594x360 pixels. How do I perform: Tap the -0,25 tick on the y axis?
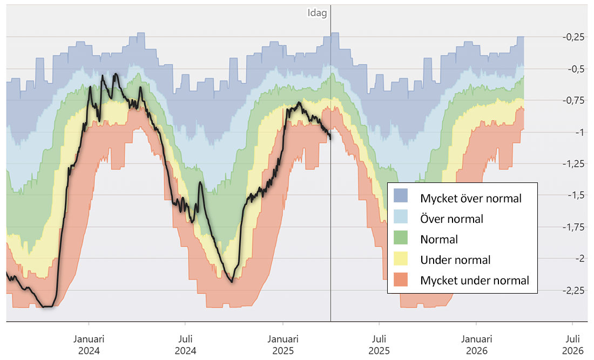(573, 37)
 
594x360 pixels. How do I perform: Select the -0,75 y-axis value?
(573, 100)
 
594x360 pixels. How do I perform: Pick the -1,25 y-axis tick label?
(573, 164)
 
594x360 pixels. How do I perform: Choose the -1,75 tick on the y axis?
(573, 227)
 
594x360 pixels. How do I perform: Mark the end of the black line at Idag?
(330, 139)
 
